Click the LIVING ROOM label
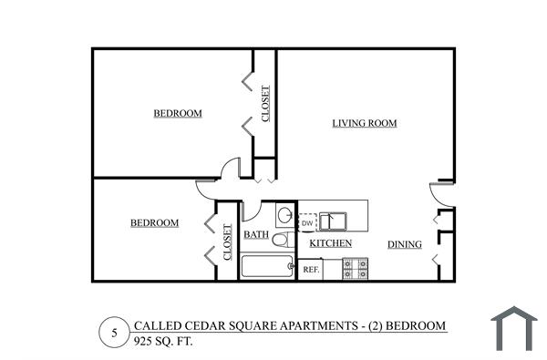point(365,123)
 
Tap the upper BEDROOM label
point(177,113)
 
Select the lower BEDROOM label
point(154,222)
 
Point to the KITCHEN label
point(331,243)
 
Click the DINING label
point(404,244)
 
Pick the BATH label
point(256,235)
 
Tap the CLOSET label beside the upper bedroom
point(265,104)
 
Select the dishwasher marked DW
point(307,222)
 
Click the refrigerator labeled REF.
point(310,269)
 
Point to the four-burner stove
point(355,268)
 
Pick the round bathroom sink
point(284,216)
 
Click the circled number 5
point(114,333)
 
